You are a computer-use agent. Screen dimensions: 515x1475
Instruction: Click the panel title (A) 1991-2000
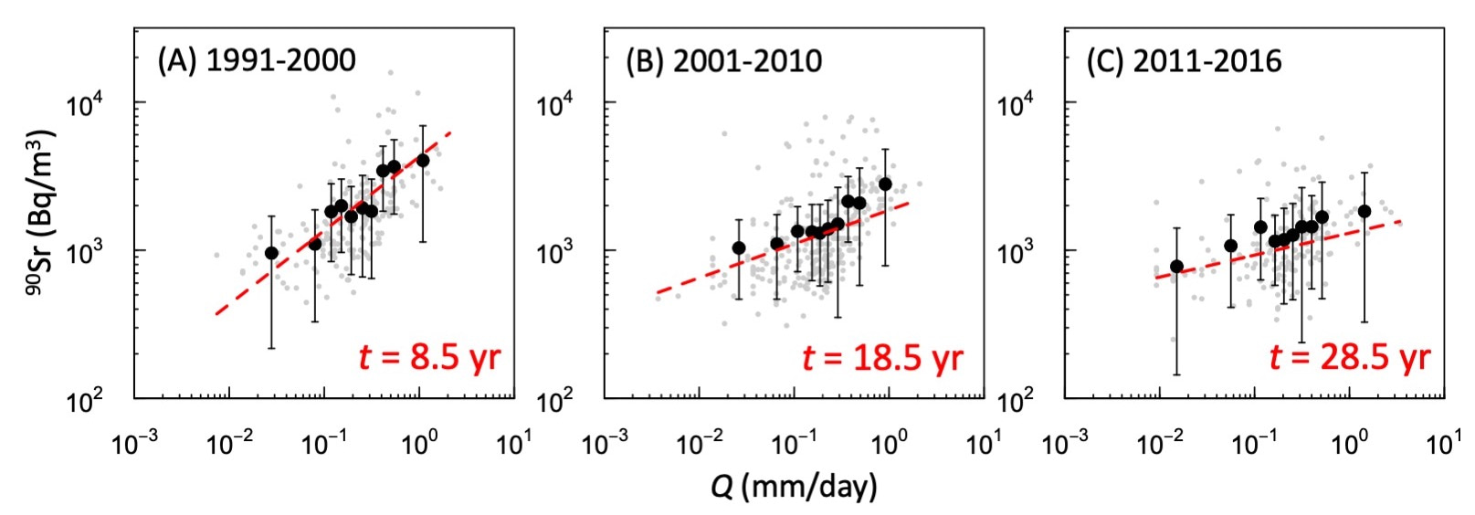coord(257,60)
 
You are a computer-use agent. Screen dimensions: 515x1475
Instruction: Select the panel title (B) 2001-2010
coord(723,60)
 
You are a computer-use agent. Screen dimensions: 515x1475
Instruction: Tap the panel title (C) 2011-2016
coord(1184,60)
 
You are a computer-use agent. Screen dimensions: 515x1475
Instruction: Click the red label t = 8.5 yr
coord(430,357)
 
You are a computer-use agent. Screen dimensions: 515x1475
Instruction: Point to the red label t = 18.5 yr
coord(882,357)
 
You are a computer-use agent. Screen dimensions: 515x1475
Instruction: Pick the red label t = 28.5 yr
coord(1349,357)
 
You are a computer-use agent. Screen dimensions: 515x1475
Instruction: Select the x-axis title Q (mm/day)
coord(793,487)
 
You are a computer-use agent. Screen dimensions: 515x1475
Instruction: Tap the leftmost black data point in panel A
coord(271,253)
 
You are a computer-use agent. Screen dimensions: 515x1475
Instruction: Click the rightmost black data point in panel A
coord(422,161)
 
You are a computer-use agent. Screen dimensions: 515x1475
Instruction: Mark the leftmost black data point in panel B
coord(739,247)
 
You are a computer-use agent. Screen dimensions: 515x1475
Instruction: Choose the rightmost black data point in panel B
coord(885,184)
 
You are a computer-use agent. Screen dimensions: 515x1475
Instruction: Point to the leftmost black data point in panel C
coord(1176,267)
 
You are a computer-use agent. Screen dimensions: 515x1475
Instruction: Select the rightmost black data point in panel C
coord(1364,211)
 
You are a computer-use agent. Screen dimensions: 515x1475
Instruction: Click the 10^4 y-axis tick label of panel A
coord(88,104)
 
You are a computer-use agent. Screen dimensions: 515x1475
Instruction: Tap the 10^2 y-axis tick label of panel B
coord(555,400)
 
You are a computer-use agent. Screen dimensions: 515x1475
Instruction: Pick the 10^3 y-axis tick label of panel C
coord(1016,252)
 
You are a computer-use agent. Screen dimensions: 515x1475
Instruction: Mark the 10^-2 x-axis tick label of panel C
coord(1159,445)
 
